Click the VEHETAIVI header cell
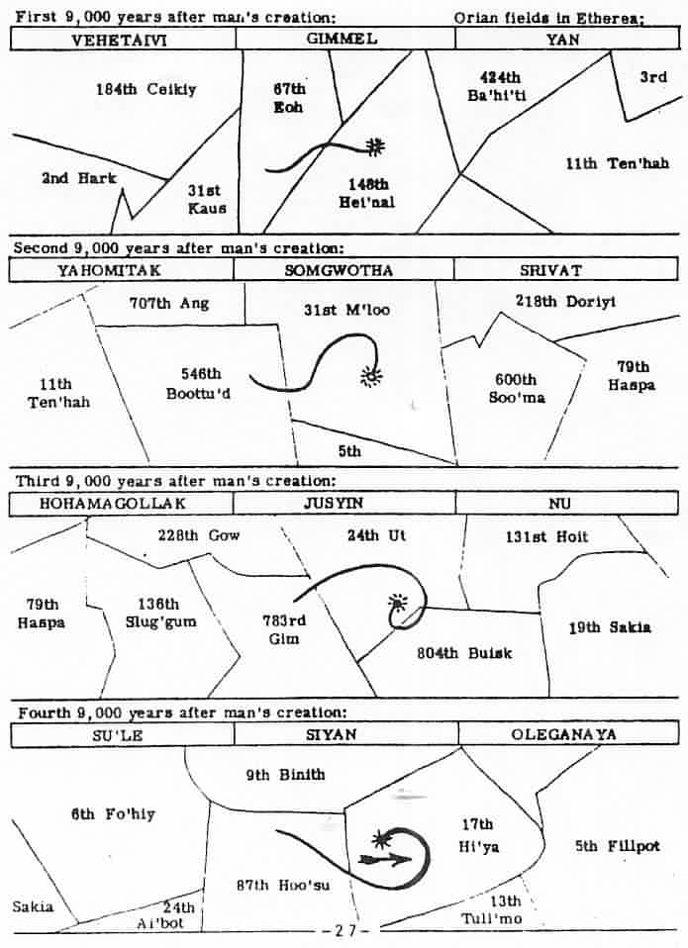click(123, 40)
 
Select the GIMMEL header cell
click(345, 40)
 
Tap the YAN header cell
click(563, 40)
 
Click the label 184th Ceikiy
click(147, 89)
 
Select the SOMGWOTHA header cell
click(344, 269)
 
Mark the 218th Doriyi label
click(565, 302)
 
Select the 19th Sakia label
click(610, 627)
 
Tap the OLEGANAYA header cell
click(563, 734)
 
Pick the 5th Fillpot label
click(617, 846)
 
